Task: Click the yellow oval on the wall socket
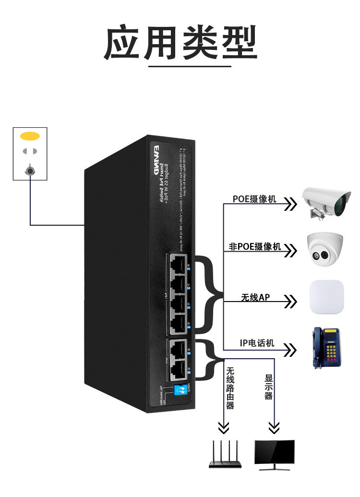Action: pos(30,136)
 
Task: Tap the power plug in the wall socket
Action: pos(30,170)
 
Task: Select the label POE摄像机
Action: pos(254,199)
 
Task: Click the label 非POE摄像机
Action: pos(255,247)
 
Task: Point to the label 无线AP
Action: pos(255,298)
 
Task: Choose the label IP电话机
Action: pos(257,343)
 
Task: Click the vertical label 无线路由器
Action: pos(230,388)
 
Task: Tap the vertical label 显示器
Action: pos(269,388)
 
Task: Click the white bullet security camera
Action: pos(324,202)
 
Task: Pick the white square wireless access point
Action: pos(327,297)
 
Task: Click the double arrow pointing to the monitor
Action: pos(274,426)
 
